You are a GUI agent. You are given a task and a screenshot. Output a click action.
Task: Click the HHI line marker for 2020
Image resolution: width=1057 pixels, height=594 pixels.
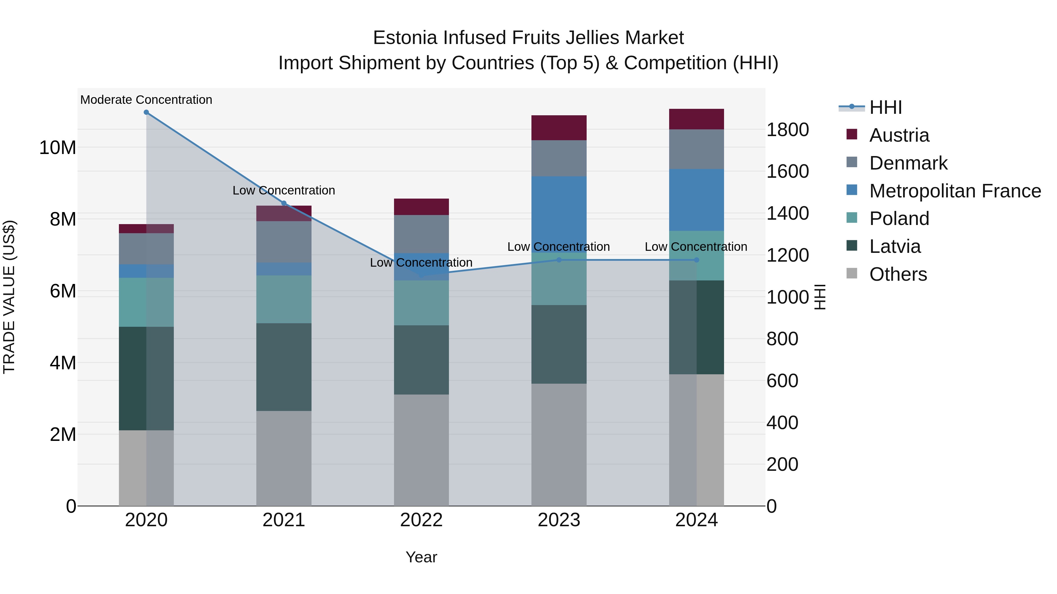pos(146,112)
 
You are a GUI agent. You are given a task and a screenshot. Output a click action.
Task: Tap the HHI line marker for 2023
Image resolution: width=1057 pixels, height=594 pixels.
pos(559,260)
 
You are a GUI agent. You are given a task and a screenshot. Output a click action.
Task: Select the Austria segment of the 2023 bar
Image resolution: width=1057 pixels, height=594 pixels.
pos(559,128)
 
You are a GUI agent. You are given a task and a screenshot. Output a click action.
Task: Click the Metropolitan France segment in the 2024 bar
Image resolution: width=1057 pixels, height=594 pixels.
pos(696,200)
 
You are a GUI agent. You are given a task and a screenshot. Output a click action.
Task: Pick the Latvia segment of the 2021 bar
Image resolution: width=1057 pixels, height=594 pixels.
pos(284,367)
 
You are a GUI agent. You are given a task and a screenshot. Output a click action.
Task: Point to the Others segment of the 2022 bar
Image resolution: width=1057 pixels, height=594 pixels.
pos(421,450)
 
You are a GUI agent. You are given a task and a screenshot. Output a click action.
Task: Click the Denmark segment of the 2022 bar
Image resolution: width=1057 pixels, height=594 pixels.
pos(421,234)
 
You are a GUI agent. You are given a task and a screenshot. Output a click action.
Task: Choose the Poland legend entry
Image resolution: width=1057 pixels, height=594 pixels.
pos(899,219)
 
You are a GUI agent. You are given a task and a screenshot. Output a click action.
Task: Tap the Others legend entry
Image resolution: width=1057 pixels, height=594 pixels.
pos(898,274)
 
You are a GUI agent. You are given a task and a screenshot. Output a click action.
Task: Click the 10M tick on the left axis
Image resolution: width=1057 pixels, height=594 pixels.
pos(58,148)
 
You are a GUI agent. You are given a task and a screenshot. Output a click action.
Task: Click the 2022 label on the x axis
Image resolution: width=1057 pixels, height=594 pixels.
pos(421,520)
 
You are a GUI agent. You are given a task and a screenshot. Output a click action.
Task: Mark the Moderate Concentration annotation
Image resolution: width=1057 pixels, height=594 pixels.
pos(146,100)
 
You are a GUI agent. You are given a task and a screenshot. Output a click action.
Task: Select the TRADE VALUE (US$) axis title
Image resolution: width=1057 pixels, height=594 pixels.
pos(9,297)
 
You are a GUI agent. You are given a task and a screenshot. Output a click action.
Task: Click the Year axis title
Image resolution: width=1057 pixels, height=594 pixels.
pos(421,557)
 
